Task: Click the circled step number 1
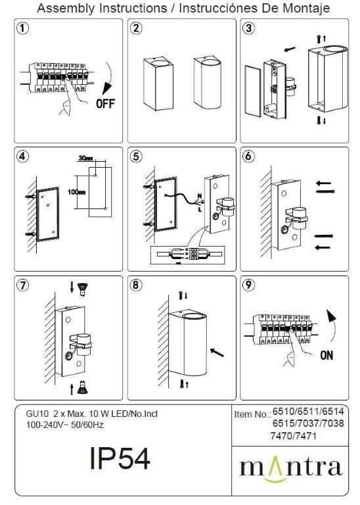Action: click(x=22, y=28)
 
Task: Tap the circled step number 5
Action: click(x=136, y=156)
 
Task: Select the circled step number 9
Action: click(x=248, y=285)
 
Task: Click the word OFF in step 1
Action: click(x=105, y=104)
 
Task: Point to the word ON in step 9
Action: click(x=326, y=356)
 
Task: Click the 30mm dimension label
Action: click(x=85, y=158)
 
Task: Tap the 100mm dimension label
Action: click(x=77, y=192)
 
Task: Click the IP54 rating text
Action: click(x=120, y=458)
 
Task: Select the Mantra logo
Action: click(x=290, y=469)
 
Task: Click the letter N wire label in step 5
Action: click(x=200, y=196)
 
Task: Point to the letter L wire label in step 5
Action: click(x=200, y=210)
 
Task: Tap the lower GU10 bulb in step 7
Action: click(x=83, y=387)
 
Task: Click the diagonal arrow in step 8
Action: click(x=217, y=352)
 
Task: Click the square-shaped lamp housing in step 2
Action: click(x=158, y=84)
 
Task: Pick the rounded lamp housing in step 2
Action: click(x=207, y=82)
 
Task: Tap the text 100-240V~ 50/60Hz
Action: click(x=64, y=425)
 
